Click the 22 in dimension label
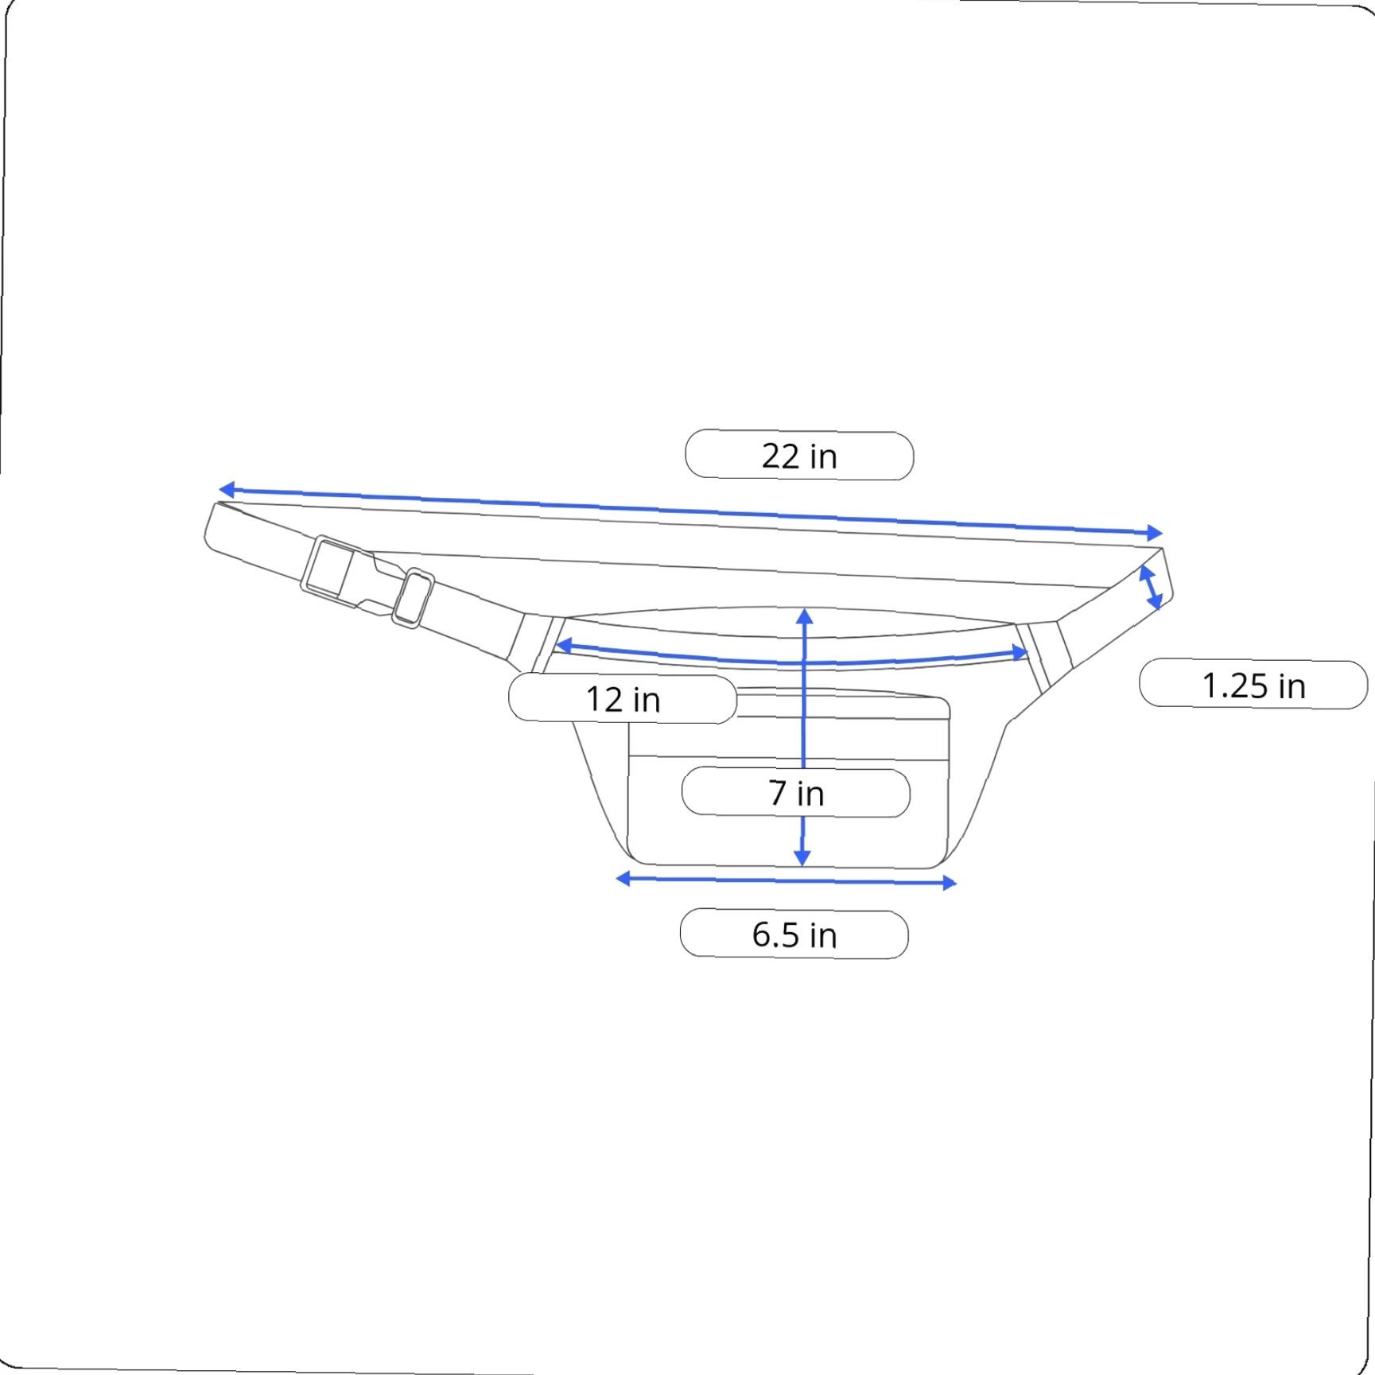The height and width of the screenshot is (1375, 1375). point(799,456)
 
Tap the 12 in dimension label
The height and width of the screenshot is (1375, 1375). point(623,699)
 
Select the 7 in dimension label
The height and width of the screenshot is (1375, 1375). point(796,793)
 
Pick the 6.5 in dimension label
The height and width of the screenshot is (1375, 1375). point(794,934)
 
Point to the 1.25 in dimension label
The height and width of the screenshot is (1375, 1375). point(1253,686)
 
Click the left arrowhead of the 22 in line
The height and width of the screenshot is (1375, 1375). point(227,489)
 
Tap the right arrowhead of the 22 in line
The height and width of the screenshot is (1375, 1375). point(1155,533)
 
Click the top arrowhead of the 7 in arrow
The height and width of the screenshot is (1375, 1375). point(805,616)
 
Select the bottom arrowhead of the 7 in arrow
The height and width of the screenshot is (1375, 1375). point(802,858)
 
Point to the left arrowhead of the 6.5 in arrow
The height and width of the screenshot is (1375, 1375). point(624,878)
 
